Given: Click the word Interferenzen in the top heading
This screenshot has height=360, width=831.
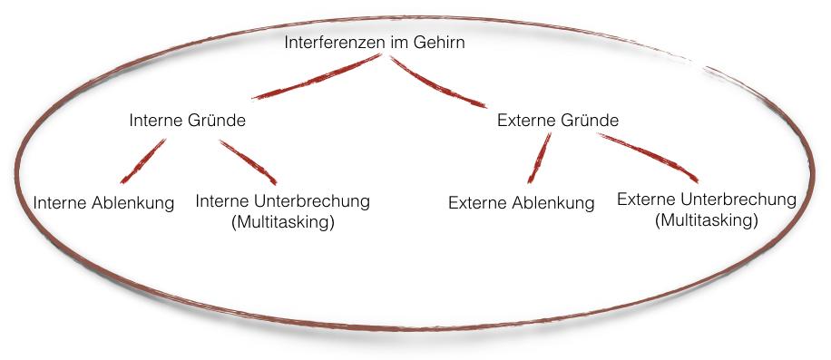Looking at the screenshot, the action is coord(335,43).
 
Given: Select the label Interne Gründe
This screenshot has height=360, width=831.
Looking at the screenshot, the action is coord(188,121).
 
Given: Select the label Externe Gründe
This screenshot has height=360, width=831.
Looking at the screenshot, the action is coord(558,121).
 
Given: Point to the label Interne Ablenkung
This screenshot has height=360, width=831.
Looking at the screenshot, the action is coord(103,203).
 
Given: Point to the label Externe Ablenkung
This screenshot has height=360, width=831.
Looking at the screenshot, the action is coord(522,203).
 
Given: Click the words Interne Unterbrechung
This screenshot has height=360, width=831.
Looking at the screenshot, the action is coord(282,201).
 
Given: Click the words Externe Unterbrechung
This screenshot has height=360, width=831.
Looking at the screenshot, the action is coord(707,199).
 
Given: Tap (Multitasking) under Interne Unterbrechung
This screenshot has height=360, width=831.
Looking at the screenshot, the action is coord(283,222).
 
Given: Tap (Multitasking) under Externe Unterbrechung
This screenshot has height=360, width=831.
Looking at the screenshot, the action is coord(707,220).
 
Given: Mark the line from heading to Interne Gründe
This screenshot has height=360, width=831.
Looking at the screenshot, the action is coord(317,77).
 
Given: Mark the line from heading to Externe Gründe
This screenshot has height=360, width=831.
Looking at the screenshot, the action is coord(438,82).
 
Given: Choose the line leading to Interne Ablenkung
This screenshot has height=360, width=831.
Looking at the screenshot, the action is coord(143,161).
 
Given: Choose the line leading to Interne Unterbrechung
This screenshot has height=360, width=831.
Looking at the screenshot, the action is coord(248,162).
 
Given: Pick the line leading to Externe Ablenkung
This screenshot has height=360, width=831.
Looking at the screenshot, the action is coord(539,158).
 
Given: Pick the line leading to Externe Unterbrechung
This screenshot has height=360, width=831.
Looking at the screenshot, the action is coord(648,158).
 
